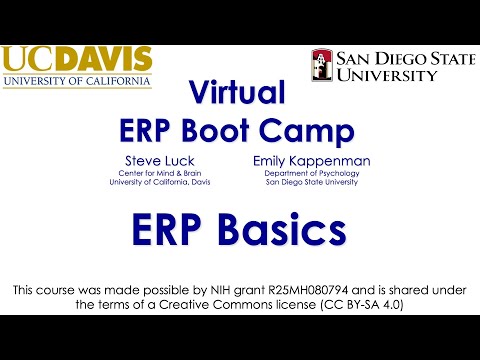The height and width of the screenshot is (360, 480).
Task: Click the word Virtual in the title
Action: [x=240, y=93]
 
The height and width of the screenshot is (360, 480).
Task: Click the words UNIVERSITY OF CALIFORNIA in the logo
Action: [x=77, y=80]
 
